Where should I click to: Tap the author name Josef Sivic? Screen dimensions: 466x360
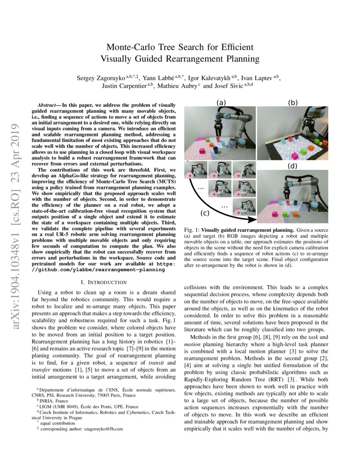[x=229, y=86]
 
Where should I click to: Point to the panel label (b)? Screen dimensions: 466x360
[x=293, y=103]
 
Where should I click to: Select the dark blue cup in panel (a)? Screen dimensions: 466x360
[x=216, y=150]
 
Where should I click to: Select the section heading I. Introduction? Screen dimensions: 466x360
[x=104, y=282]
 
